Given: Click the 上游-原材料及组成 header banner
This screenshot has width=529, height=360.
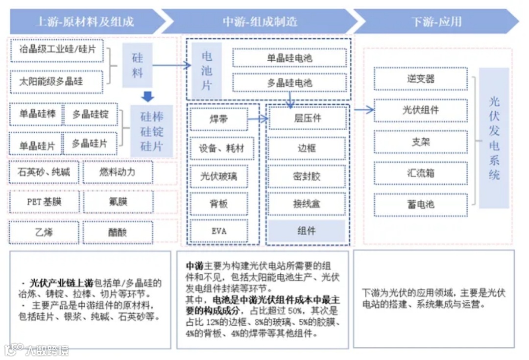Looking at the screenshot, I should pos(86,22).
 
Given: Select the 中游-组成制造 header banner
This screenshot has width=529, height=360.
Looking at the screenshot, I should pos(260,22).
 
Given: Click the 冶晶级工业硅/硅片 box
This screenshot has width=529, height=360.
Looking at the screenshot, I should pos(57,50).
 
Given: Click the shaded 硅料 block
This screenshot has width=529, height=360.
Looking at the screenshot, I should pos(138,65).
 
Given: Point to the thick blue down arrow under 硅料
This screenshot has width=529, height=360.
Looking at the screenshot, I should pos(147,96).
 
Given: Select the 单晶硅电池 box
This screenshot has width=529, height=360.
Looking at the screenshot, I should pos(289,58).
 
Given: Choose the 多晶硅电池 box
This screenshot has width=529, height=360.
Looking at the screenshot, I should pos(289,83).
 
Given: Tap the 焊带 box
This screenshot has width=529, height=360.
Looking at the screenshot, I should pos(219,119).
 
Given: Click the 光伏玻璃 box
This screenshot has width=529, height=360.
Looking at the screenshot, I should pos(219,176).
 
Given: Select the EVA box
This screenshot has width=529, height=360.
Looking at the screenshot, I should pos(219,231).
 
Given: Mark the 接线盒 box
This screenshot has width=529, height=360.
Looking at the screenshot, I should pos(307,203).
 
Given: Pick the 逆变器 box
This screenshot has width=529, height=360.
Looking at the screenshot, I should pos(421,79).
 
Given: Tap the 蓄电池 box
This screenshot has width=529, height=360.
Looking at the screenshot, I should pos(421,204).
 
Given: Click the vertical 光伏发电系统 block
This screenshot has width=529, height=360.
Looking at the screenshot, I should pos(494,138).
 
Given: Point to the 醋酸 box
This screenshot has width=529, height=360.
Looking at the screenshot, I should pos(118,232).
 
